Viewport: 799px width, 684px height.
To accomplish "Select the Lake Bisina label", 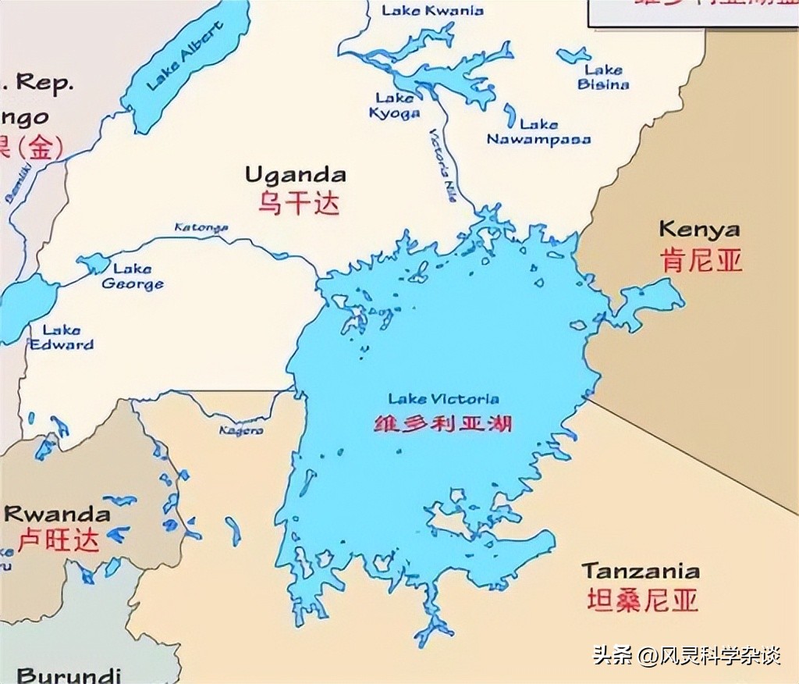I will (x=603, y=77).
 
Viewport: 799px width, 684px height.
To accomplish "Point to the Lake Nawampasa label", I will (x=538, y=132).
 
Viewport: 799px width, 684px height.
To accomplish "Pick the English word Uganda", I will (x=295, y=173).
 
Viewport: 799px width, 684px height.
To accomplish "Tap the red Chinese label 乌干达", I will (x=300, y=203).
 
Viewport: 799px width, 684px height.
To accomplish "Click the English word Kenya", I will (x=699, y=229).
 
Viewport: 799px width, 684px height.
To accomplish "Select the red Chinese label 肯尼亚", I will (x=701, y=260).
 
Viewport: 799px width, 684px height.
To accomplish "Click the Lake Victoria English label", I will (x=443, y=399).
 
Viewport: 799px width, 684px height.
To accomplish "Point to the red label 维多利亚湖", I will (x=443, y=424).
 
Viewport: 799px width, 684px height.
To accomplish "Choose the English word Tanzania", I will (x=640, y=570).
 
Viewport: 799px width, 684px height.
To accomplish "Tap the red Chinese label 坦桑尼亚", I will (x=642, y=600).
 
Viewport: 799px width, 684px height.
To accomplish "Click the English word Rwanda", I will (x=57, y=514).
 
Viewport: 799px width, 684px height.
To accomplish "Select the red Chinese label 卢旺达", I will (x=59, y=540).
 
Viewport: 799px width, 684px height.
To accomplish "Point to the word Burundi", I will (x=69, y=675).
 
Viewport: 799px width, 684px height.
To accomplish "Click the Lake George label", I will (x=132, y=276).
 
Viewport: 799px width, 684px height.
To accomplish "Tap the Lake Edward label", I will (x=62, y=337).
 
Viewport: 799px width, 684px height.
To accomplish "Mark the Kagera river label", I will (x=240, y=430).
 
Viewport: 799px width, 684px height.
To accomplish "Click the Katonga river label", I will (x=201, y=227).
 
